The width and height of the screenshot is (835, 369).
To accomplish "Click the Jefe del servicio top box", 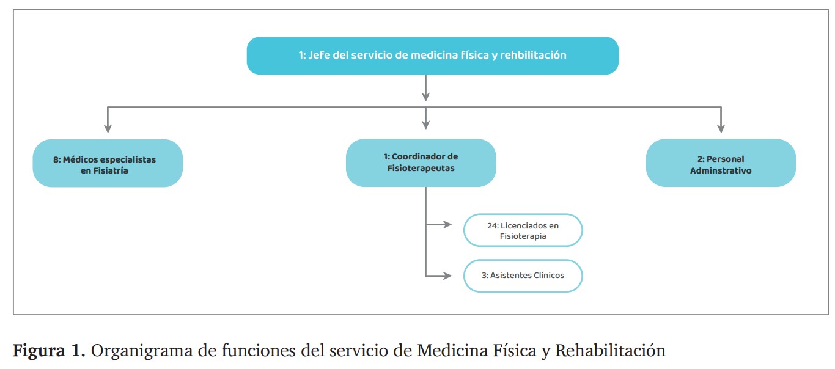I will tap(432, 56).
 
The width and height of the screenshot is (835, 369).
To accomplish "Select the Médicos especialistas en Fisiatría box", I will tap(108, 163).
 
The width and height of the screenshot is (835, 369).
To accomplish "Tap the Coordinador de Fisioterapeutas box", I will tap(421, 163).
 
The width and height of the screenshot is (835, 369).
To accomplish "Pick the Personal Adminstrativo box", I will tap(721, 163).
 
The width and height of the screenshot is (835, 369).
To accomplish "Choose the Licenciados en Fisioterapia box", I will tap(523, 230).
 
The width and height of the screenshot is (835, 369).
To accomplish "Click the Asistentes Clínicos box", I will tap(523, 276).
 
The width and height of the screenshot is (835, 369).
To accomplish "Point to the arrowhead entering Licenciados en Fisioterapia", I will tap(447, 225).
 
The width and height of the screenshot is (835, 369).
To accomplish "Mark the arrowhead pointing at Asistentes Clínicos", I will tap(447, 276).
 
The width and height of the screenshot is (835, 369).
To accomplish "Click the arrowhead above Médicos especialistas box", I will tap(108, 128).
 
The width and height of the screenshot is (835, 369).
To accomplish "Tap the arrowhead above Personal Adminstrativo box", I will tap(721, 128).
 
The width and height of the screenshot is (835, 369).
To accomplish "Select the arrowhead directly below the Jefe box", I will tap(426, 97).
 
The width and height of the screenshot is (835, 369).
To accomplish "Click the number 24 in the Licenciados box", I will tap(493, 225).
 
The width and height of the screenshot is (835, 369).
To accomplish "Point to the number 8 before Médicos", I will tap(56, 159).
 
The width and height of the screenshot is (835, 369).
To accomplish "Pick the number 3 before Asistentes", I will tap(484, 276).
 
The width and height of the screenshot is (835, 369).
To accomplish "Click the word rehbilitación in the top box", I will tap(533, 56).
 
